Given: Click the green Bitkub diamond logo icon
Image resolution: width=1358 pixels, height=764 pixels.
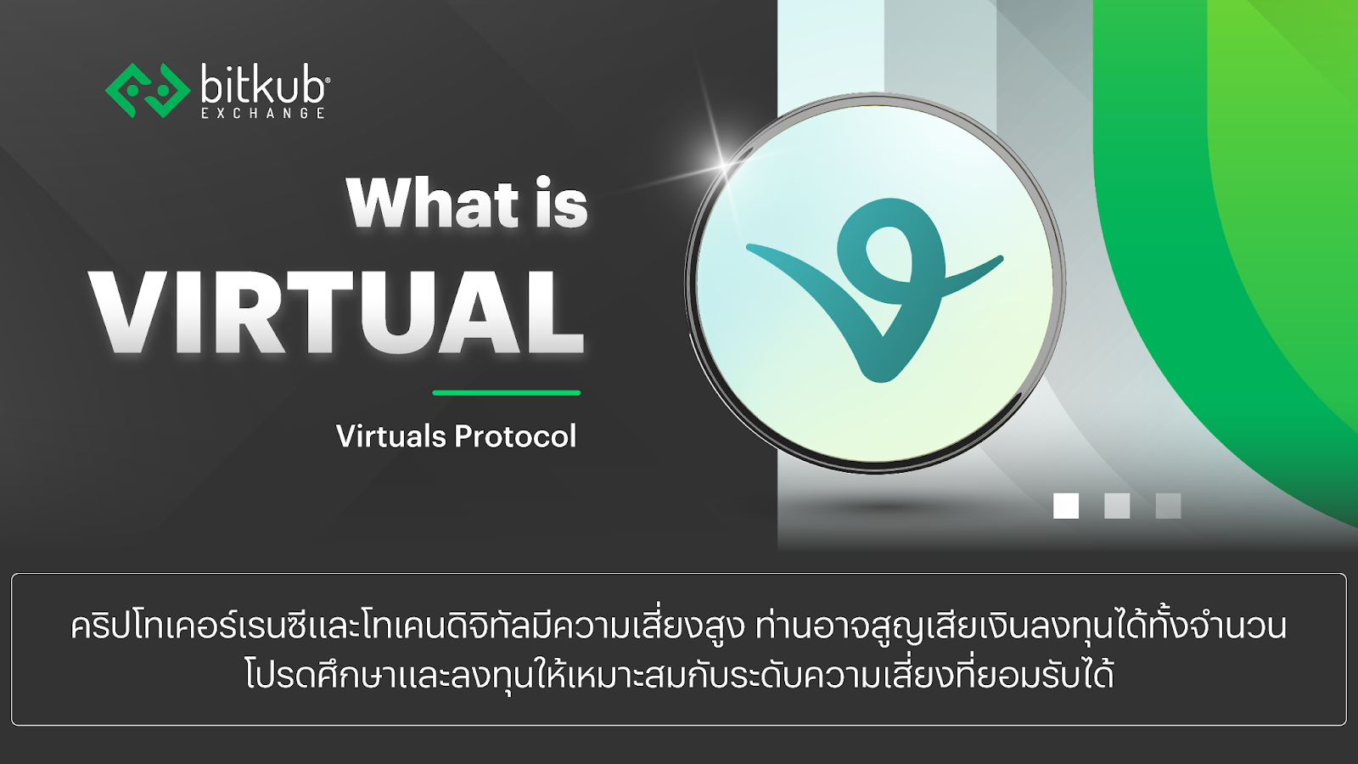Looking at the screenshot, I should pos(146,90).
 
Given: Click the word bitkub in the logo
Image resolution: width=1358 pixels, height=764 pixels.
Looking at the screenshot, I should pos(262,85).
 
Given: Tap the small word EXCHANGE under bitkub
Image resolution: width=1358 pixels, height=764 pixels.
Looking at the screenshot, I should pos(263,113).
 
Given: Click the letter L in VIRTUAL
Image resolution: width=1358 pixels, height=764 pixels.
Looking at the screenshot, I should pos(553,312).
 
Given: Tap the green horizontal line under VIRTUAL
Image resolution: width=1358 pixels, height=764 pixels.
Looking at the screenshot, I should pos(506,393).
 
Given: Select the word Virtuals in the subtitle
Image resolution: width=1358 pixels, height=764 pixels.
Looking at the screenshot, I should pos(391,436).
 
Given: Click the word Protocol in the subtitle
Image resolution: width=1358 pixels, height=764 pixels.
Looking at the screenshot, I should pos(516,436).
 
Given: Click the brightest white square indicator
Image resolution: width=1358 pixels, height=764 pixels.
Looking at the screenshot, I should pos(1066,506).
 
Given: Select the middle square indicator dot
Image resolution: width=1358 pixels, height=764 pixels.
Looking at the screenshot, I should pos(1117,506).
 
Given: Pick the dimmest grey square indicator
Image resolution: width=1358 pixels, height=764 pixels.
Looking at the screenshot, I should pos(1168,506).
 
